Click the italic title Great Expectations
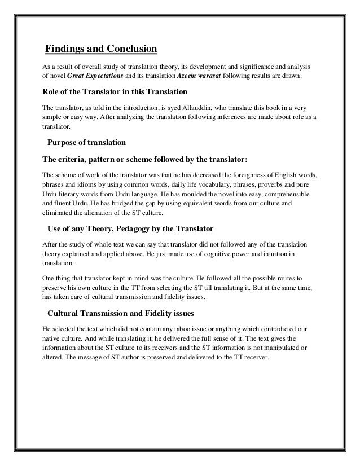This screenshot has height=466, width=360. (x=93, y=75)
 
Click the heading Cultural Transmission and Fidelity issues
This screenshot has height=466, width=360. (x=131, y=314)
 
